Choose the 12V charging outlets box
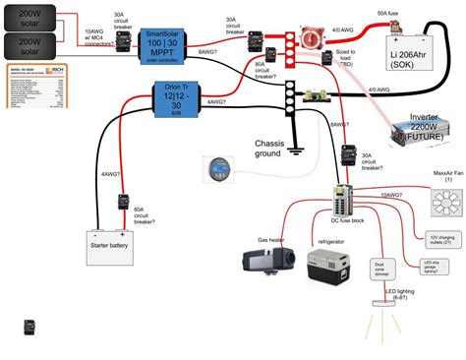442,239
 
